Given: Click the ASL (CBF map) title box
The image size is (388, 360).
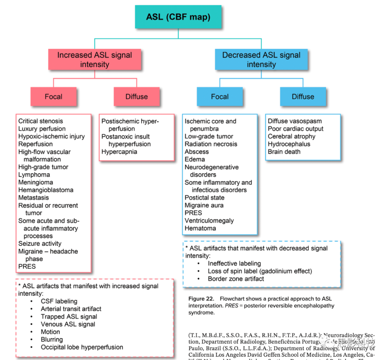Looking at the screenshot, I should tap(178, 17).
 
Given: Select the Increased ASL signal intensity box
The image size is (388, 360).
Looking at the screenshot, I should tap(94, 60).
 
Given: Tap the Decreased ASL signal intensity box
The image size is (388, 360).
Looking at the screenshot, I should tap(261, 60).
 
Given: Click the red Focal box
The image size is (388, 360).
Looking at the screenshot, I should tap(54, 96).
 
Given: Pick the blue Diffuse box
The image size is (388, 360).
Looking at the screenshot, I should tap(303, 96).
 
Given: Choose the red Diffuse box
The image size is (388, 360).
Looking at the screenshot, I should tap(137, 96).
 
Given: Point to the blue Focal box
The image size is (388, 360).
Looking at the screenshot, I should tap(220, 96).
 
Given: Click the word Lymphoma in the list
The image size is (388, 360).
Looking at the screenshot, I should tap(34, 175).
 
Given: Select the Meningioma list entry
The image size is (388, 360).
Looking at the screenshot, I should tap(36, 182).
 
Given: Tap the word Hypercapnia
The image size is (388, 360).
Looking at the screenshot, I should tap(119, 152).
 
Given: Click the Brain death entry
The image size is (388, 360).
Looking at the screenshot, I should tap(284, 152).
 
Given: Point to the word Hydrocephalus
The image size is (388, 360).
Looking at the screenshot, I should tap(289, 144).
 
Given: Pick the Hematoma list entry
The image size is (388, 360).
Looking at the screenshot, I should tap(200, 228).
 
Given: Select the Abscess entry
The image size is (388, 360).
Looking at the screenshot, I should tap(197, 152).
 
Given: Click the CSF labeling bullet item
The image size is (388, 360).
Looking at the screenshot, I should tap(59, 301).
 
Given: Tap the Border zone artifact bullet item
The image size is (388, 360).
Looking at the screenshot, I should tap(236, 279).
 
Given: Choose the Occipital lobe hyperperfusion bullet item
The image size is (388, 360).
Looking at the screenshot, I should tap(82, 347).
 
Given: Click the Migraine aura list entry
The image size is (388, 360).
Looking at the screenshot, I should tap(204, 205).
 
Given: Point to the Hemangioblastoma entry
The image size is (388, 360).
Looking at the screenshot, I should tap(46, 190).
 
